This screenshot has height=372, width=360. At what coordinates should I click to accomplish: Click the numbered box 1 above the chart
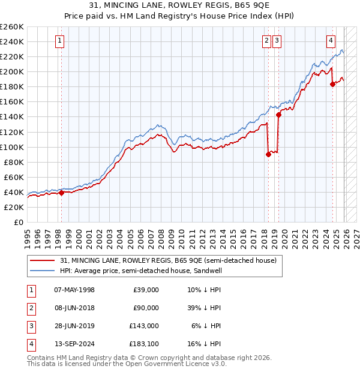click(x=61, y=41)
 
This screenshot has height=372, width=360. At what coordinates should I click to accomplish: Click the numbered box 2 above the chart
click(x=266, y=41)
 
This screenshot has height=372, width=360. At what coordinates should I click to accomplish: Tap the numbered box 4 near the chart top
click(x=331, y=41)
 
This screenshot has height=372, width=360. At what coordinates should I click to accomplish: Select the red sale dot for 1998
click(x=61, y=193)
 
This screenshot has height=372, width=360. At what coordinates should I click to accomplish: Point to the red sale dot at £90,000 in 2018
click(x=268, y=154)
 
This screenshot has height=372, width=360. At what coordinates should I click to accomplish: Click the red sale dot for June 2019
click(x=278, y=115)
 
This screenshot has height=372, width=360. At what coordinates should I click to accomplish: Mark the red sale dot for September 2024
click(x=332, y=84)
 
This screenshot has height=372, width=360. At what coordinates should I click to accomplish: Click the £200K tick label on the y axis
click(x=11, y=71)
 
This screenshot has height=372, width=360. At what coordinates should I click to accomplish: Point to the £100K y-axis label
click(x=11, y=147)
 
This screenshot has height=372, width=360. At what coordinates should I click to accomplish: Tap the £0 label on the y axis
click(x=18, y=222)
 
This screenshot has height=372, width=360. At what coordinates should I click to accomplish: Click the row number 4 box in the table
click(x=31, y=344)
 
